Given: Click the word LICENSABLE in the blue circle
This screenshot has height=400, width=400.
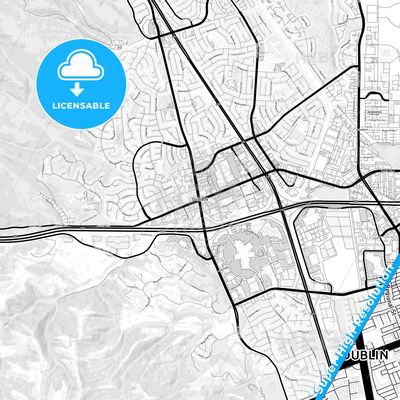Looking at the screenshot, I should (x=81, y=105).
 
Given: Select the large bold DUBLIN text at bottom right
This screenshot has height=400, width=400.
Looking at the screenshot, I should (x=367, y=355).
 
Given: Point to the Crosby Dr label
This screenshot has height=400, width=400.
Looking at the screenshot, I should (x=133, y=287).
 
